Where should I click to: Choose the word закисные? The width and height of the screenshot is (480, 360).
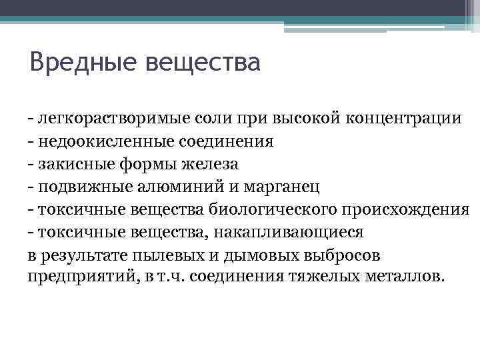[72, 164]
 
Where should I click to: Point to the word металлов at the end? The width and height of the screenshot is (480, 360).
[403, 277]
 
